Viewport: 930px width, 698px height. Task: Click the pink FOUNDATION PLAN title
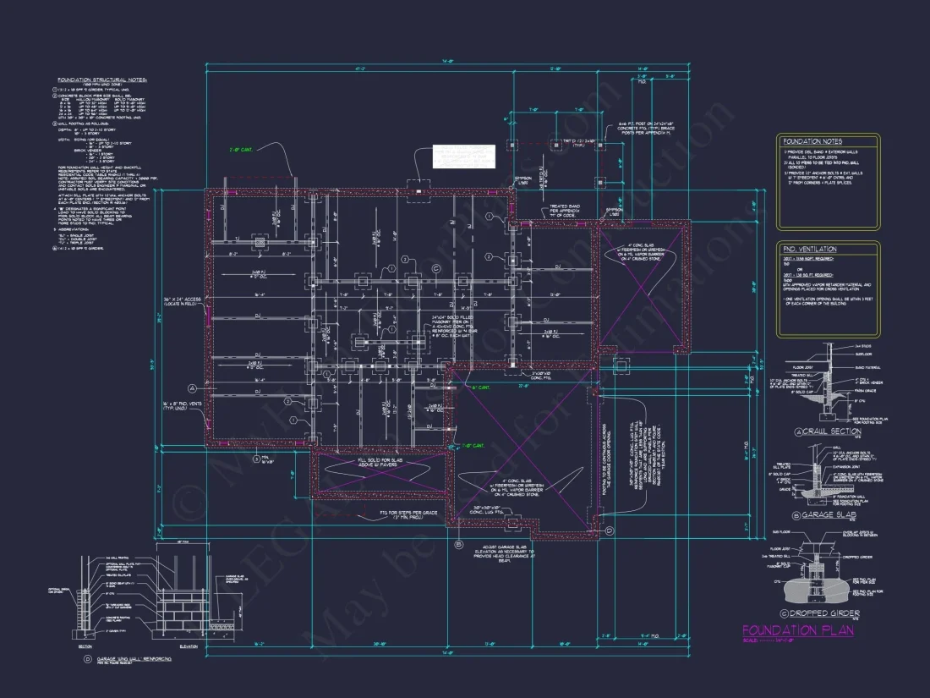(797, 630)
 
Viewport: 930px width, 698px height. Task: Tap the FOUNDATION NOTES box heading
(812, 142)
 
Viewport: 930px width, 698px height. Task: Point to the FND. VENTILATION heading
(809, 250)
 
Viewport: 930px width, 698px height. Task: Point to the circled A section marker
(192, 387)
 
